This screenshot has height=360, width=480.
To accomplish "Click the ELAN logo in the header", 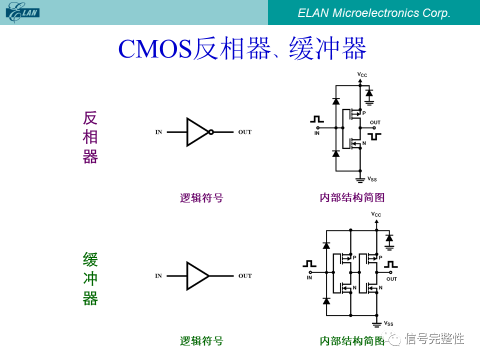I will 23,11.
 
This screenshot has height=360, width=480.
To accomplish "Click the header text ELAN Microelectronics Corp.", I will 374,13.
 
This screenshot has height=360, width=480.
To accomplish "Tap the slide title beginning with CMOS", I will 242,48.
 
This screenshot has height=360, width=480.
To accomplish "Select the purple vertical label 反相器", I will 90,137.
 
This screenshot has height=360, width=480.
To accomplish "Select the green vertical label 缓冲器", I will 90,279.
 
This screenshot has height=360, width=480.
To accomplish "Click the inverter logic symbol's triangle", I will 196,132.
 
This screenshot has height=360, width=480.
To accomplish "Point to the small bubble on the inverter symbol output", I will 211,132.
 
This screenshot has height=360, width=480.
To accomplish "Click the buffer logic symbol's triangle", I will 196,275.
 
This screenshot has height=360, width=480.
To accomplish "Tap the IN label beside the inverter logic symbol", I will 158,132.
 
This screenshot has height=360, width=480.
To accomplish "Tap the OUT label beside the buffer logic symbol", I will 245,276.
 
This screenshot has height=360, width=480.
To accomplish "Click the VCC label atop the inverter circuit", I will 362,75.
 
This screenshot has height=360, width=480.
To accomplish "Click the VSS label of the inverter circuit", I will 372,179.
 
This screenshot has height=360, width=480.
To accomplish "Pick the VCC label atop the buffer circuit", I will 376,214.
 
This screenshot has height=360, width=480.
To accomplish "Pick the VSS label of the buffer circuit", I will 388,324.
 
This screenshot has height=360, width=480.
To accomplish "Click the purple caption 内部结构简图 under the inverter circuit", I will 352,197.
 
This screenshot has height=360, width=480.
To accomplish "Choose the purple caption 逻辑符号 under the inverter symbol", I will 201,198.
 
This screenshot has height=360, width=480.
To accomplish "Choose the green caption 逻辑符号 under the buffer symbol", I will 201,341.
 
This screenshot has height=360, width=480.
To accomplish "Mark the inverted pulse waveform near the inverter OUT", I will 374,136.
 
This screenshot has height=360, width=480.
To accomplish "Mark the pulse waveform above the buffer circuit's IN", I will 309,263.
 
